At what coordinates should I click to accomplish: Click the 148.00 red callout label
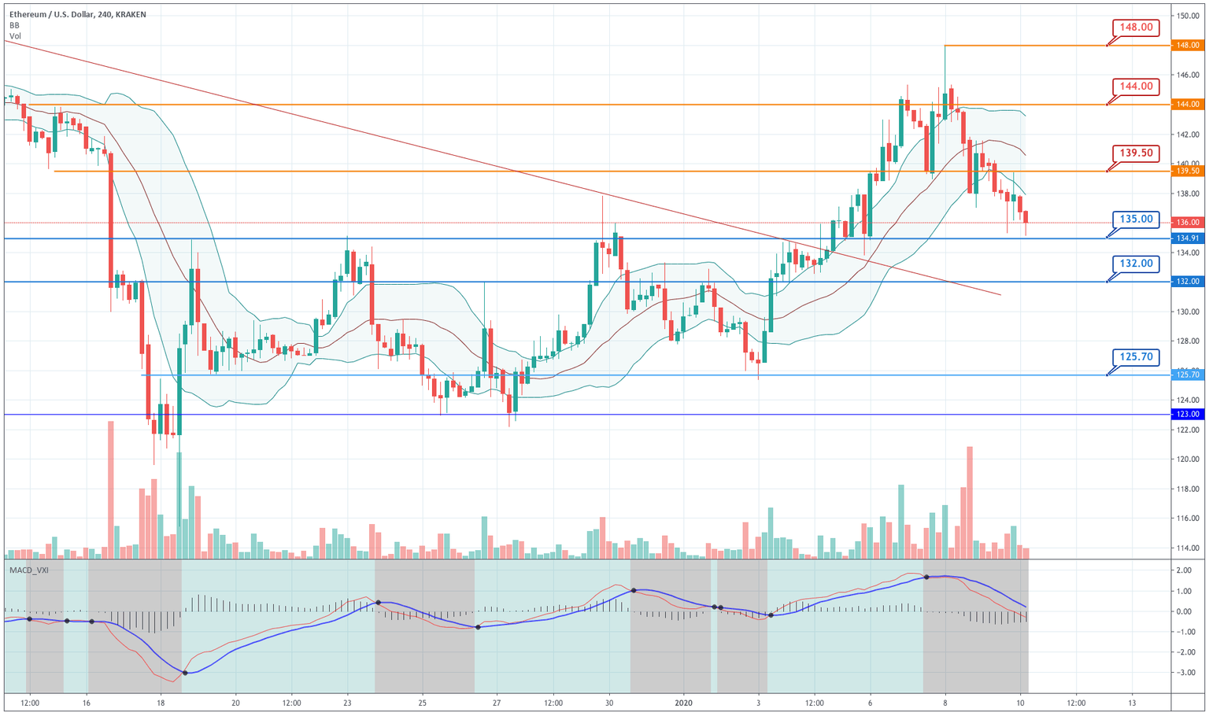pos(1137,28)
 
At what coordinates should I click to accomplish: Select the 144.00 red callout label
pos(1137,87)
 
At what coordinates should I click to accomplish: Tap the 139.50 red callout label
pos(1137,153)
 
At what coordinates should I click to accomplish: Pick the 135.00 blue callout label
pos(1137,220)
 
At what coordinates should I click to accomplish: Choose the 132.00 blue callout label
pos(1137,264)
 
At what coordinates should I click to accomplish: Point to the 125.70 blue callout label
pos(1137,357)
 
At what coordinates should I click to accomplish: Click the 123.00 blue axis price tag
pos(1188,415)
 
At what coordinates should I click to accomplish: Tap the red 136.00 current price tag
pos(1188,223)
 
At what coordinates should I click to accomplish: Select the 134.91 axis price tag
pos(1188,238)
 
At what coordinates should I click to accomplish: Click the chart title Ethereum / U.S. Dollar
pos(55,14)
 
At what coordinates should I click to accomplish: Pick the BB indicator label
pos(14,25)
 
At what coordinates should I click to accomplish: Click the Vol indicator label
pos(15,36)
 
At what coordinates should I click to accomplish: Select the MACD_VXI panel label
pos(28,570)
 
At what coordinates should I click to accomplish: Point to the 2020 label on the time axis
pos(684,703)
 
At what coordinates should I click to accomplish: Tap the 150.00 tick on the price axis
pos(1188,16)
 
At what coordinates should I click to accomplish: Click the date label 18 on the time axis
pos(161,703)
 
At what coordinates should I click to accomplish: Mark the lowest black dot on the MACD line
pos(185,673)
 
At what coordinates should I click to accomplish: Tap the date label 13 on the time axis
pos(1132,703)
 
